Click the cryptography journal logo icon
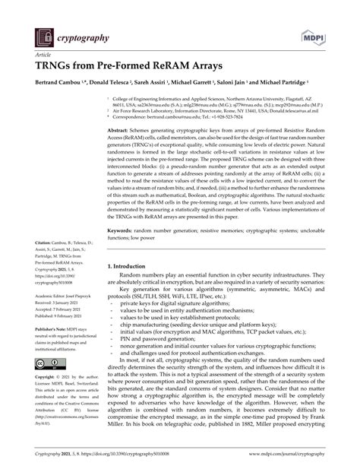[x=41, y=36]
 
